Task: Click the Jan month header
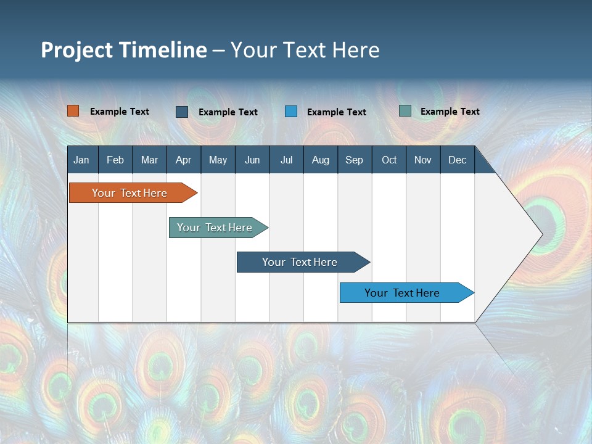(81, 160)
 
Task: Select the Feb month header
(115, 160)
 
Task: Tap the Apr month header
(183, 160)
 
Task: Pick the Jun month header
(252, 160)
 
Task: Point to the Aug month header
(320, 160)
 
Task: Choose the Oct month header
(389, 160)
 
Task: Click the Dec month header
(457, 160)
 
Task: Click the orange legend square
(73, 111)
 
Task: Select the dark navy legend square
(182, 112)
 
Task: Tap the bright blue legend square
(291, 112)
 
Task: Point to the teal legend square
(405, 111)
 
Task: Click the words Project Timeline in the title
(124, 50)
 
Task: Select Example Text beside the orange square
(120, 112)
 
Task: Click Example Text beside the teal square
(450, 112)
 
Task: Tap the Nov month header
(423, 160)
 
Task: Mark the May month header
(218, 160)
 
